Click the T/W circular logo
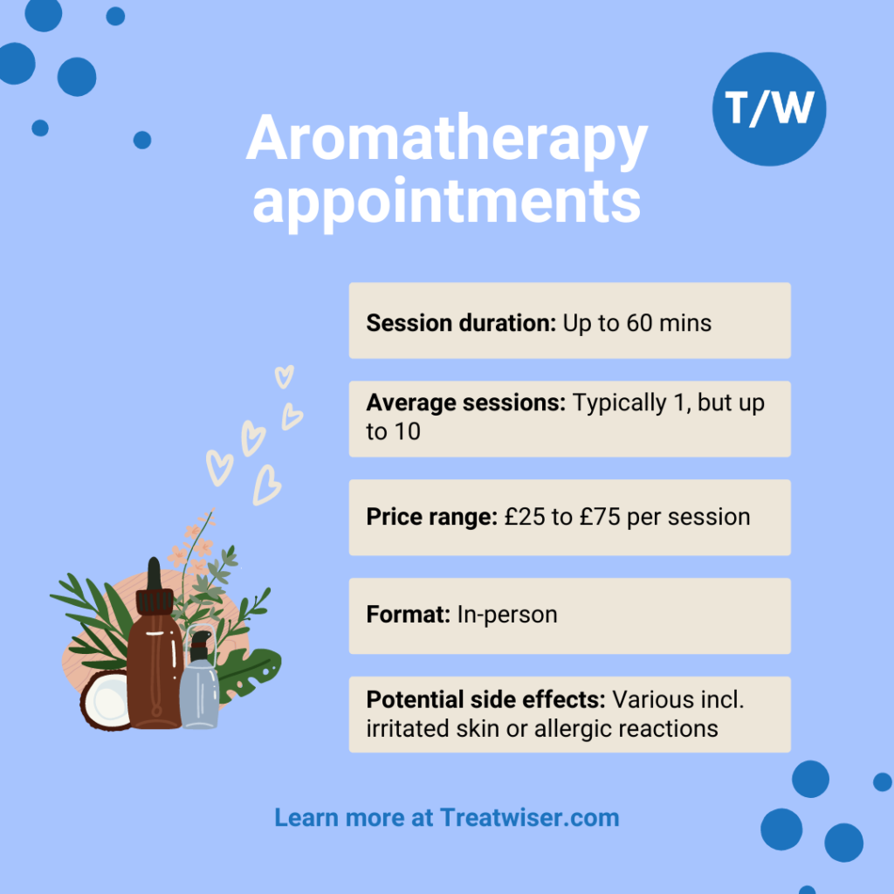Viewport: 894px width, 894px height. point(769,109)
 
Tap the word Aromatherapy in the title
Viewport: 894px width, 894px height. point(447,139)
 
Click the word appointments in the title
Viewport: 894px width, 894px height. point(447,203)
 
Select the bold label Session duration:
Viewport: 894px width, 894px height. point(461,323)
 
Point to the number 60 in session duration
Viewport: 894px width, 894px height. point(639,323)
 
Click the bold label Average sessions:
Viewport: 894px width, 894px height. point(466,402)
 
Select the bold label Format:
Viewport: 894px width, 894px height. point(409,615)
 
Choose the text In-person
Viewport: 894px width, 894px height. point(507,615)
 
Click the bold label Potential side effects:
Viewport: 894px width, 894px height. point(485,699)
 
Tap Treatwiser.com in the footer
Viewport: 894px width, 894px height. point(530,817)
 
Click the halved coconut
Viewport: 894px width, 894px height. point(107,701)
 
